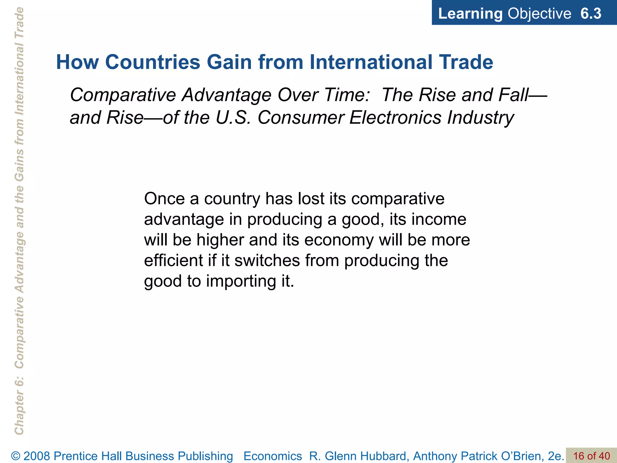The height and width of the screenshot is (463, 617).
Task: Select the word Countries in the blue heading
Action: coord(153,62)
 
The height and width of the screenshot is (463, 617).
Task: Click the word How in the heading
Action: coord(77,62)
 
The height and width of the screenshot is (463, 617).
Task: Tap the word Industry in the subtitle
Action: coord(481,118)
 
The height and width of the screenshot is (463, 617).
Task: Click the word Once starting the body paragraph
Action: coord(164,199)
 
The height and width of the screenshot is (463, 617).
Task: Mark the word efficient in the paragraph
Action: coord(174,260)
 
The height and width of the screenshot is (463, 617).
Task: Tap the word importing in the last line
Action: coord(241,282)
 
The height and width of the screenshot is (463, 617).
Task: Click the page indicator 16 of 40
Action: coord(591,456)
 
